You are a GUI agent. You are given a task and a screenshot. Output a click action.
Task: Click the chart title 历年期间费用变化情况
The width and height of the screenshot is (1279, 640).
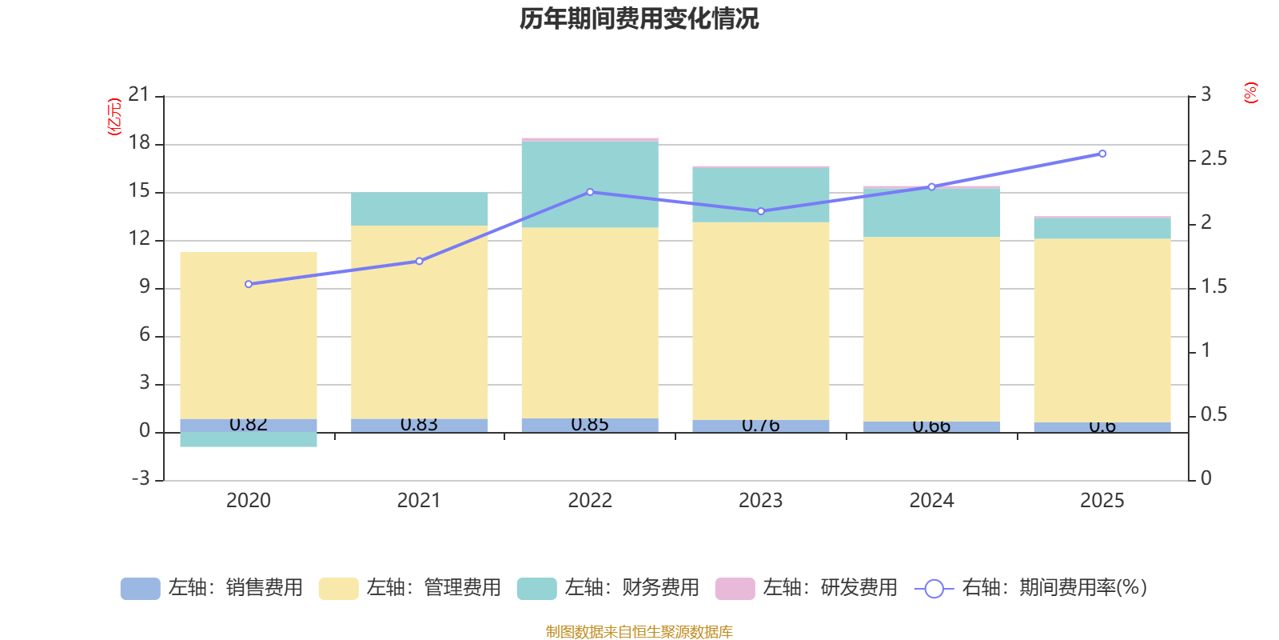[639, 18]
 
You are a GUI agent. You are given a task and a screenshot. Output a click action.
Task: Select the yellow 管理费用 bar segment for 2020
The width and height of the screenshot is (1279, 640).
[249, 336]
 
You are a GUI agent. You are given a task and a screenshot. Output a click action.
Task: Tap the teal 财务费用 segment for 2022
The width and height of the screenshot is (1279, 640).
[590, 184]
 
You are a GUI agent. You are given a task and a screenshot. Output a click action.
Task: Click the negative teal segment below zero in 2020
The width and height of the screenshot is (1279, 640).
[249, 439]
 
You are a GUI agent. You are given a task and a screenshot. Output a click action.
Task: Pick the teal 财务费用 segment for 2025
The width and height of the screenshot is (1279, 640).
[1102, 228]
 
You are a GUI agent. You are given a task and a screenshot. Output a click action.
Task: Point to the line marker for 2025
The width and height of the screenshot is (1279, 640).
[1102, 154]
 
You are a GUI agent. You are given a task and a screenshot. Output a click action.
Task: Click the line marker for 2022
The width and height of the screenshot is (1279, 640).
[590, 192]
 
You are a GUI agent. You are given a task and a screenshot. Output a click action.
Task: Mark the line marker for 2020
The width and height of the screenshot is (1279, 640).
[249, 284]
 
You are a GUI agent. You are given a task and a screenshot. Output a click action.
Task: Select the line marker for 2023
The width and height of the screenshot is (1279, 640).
[761, 211]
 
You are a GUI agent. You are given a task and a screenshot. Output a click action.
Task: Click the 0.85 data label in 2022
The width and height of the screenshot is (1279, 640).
[590, 424]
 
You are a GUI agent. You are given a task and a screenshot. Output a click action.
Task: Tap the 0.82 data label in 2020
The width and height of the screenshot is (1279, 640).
[249, 424]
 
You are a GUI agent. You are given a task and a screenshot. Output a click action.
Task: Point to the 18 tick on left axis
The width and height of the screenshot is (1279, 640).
[139, 143]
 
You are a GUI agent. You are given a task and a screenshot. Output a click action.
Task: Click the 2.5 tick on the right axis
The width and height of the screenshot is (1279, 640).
[1213, 159]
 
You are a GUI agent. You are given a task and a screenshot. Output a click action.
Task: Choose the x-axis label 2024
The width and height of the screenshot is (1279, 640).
[931, 501]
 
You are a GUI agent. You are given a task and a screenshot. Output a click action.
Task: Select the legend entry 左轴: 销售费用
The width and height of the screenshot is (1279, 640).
[212, 588]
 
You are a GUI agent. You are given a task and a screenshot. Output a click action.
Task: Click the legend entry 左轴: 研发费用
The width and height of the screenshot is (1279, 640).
[807, 588]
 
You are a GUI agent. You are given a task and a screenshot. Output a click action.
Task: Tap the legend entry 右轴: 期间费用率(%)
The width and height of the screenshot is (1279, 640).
[1030, 588]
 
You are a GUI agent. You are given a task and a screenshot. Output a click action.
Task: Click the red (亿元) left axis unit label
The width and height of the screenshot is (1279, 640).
[114, 117]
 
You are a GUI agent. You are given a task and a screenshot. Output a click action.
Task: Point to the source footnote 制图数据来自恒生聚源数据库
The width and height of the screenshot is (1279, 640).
[639, 632]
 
